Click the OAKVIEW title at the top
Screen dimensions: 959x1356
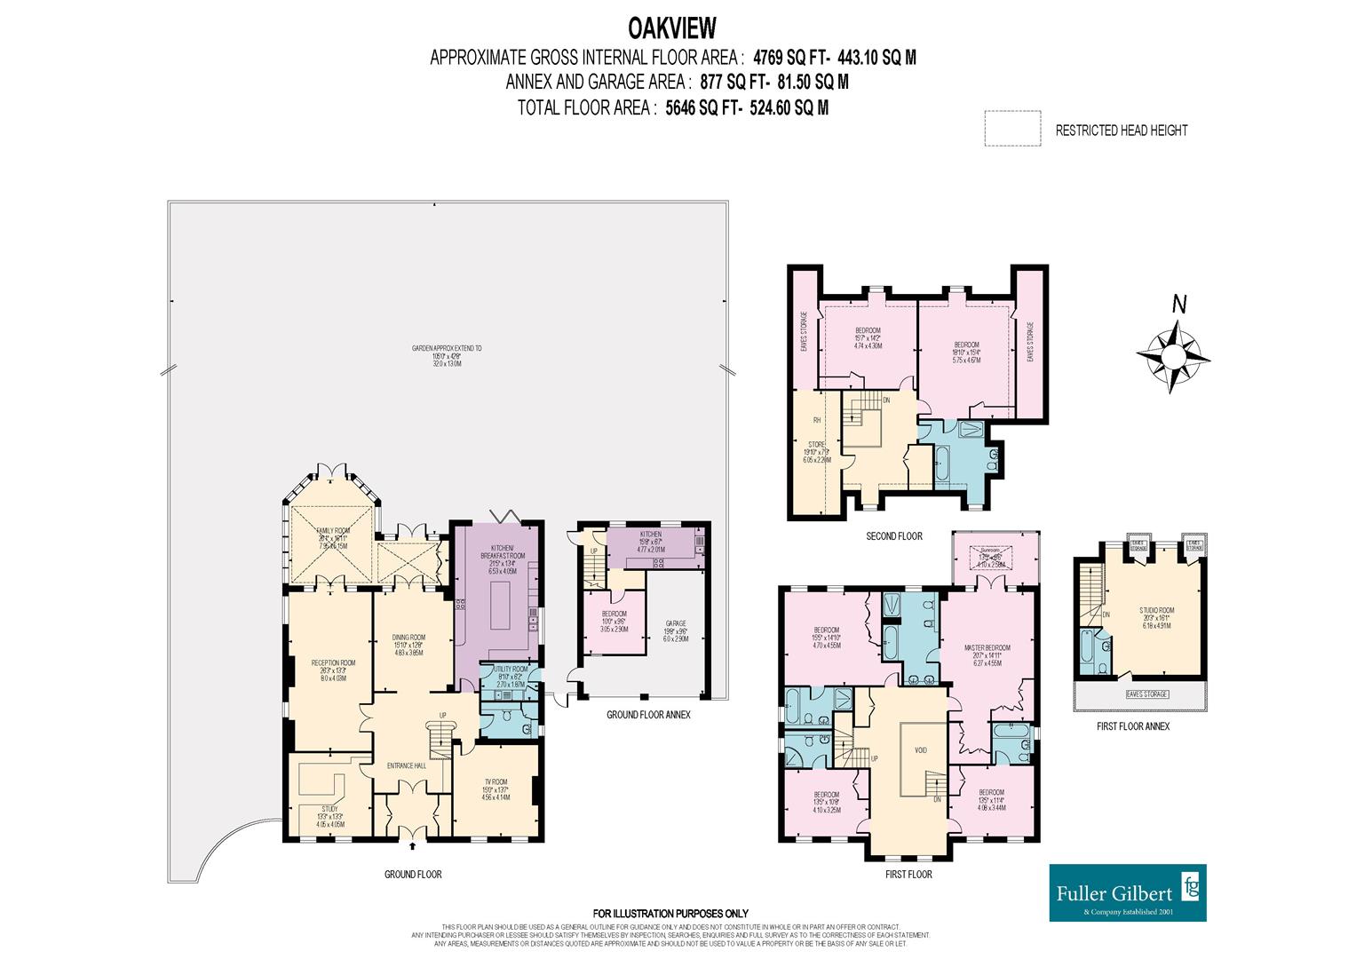coord(671,28)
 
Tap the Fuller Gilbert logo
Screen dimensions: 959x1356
coord(1128,892)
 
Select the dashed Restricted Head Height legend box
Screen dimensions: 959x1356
coord(1011,129)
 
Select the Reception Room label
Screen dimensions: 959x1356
coord(333,662)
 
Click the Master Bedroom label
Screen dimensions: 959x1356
coord(988,647)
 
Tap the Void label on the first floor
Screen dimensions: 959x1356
coord(921,750)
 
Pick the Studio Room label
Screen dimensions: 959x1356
coord(1156,610)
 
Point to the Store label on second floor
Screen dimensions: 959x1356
coord(816,444)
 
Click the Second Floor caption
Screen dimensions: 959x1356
coord(894,536)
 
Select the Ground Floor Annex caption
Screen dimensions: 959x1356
coord(648,714)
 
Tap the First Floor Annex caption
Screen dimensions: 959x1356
coord(1133,726)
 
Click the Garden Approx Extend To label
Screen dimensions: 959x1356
coord(448,349)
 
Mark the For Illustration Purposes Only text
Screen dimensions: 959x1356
coord(670,913)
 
